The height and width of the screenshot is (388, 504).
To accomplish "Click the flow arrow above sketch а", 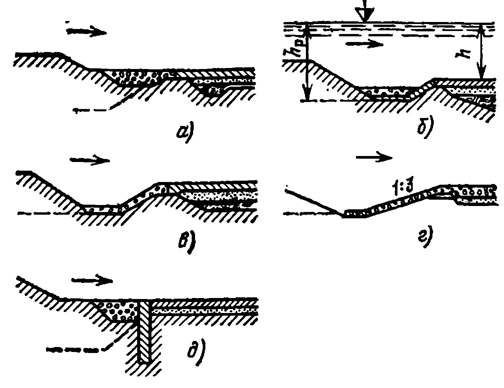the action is tap(86, 32).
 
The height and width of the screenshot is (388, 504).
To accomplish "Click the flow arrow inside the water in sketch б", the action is tap(365, 44).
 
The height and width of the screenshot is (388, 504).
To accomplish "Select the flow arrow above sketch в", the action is tap(89, 160).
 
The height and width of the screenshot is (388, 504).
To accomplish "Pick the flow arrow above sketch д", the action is tap(92, 280).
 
